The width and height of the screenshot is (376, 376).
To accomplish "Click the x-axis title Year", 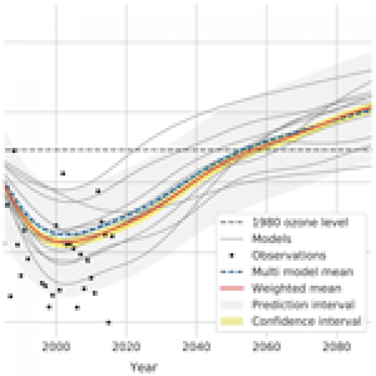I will (144, 367).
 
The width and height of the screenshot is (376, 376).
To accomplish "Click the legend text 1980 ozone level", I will (300, 222).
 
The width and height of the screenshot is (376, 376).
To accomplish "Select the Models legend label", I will (272, 239).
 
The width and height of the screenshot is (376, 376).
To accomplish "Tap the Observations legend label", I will (289, 255).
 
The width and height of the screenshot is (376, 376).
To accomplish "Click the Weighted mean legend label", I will (296, 288).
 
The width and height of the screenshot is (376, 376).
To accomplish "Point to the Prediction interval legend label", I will (303, 305).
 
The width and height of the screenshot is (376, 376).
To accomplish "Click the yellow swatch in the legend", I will (232, 321).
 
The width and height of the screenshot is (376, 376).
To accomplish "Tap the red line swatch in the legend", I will (232, 288).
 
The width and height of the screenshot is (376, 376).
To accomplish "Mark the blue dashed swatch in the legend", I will (232, 272).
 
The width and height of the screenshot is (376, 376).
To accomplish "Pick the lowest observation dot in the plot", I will (108, 322).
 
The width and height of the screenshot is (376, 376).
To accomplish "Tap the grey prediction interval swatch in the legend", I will (232, 305).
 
